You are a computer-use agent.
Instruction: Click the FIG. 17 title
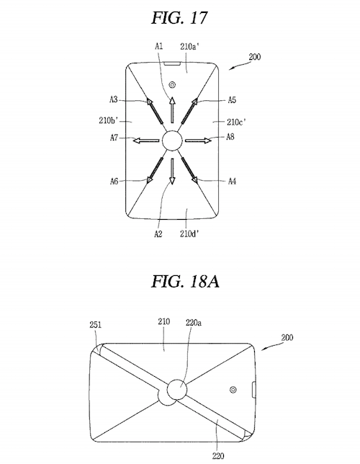click(x=179, y=18)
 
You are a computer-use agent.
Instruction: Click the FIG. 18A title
click(x=185, y=281)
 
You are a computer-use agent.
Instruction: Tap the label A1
click(x=159, y=46)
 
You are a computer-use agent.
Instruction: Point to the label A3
click(x=114, y=99)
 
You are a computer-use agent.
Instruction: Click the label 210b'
click(x=109, y=120)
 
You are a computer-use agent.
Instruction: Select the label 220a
click(x=194, y=322)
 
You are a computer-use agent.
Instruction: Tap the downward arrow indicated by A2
click(x=172, y=171)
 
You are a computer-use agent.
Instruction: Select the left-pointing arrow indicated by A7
click(x=146, y=140)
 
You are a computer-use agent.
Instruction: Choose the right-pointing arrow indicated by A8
click(x=199, y=140)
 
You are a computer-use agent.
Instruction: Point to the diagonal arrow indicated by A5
click(x=189, y=111)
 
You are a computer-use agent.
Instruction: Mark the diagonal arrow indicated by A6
click(x=155, y=170)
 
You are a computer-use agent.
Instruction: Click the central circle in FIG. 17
click(x=172, y=140)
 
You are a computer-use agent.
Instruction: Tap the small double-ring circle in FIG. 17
click(x=172, y=85)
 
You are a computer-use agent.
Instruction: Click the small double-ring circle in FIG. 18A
click(x=233, y=390)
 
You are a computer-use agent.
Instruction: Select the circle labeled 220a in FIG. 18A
click(x=177, y=389)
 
